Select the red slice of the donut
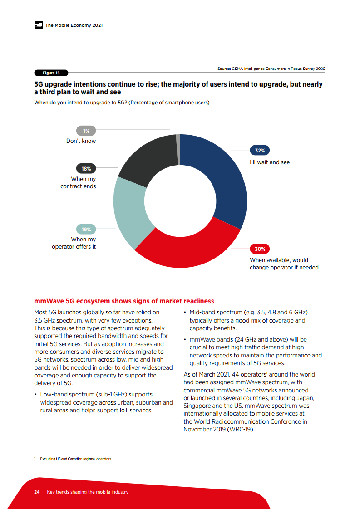[186, 254]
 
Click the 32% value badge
[260, 150]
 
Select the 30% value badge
[260, 249]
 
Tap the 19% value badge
[86, 230]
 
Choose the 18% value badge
[86, 169]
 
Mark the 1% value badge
[86, 131]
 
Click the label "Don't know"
[81, 141]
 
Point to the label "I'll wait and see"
[270, 162]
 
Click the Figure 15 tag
[51, 73]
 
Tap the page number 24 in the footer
[37, 492]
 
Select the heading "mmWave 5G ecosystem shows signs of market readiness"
[124, 301]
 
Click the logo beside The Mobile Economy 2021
[38, 25]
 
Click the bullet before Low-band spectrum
[35, 395]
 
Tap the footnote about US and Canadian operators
[73, 459]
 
